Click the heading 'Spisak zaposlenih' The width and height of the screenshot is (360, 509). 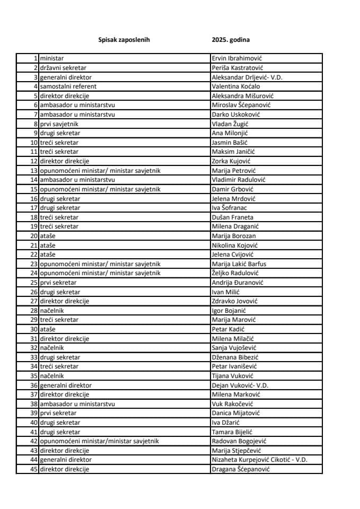(x=124, y=40)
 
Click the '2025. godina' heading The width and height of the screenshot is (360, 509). (x=231, y=40)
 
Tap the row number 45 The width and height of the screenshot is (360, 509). (x=34, y=469)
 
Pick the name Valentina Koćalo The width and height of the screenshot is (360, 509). (x=236, y=86)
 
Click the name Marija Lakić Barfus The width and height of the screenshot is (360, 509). (x=239, y=264)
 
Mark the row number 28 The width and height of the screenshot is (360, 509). (x=34, y=310)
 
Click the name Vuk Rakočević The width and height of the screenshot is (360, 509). (x=234, y=403)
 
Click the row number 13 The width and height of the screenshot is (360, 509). (x=34, y=170)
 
